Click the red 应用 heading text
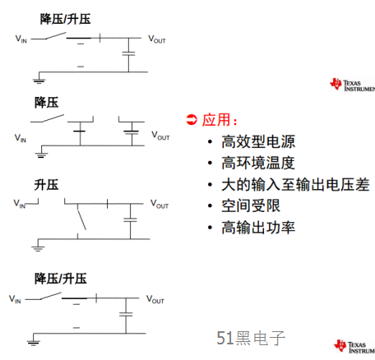(216, 120)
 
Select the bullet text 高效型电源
(258, 141)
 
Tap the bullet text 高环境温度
(258, 163)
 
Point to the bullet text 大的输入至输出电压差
(295, 184)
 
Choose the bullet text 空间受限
(251, 205)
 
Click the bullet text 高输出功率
(258, 228)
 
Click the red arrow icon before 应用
(192, 120)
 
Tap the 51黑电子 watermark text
(251, 338)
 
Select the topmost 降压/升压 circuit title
(65, 19)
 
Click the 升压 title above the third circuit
(46, 185)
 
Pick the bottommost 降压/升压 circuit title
(61, 279)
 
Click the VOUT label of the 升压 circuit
(160, 204)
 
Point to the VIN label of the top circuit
(21, 39)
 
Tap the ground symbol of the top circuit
(39, 81)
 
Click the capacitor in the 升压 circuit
(130, 219)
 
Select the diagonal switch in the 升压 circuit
(81, 220)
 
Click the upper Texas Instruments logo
(352, 85)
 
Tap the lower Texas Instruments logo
(354, 347)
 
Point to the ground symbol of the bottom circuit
(34, 342)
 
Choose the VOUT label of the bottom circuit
(155, 299)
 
